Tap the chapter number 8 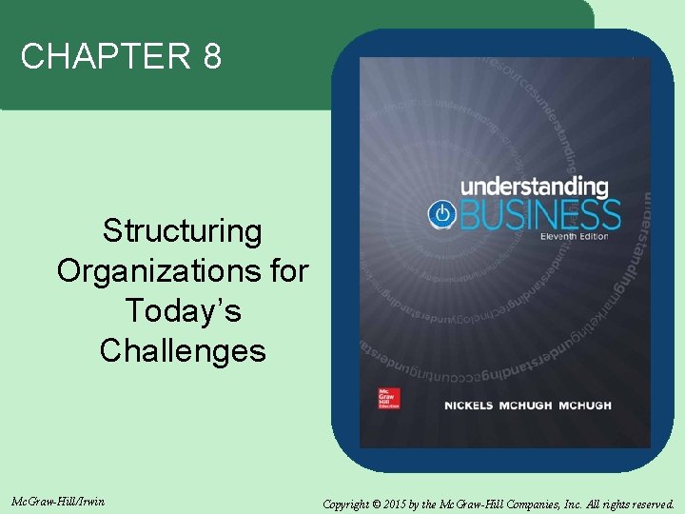pos(211,58)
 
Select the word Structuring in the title pos(182,231)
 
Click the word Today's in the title pos(182,311)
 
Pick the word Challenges pos(182,351)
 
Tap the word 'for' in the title pos(287,271)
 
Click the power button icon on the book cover pos(441,213)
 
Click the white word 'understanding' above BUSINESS pos(535,186)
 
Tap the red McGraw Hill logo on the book pos(388,399)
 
